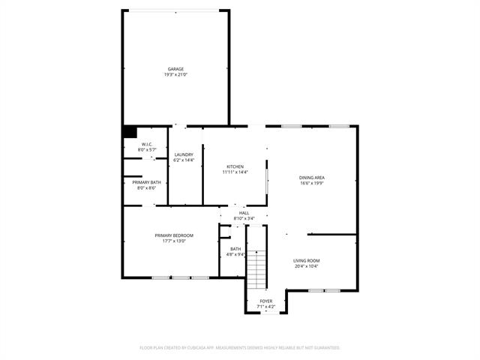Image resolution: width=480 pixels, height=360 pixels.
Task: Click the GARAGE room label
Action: (175, 69)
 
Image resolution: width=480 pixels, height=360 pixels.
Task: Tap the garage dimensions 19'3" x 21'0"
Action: (175, 75)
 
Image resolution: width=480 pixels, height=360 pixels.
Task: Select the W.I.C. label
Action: (147, 145)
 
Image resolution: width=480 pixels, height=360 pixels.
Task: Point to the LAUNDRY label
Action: (184, 154)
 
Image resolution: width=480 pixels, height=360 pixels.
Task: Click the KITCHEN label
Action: (235, 166)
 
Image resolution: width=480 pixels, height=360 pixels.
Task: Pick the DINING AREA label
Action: (312, 178)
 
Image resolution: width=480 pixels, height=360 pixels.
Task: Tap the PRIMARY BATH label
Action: (147, 182)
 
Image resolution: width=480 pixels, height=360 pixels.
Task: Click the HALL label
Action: (244, 213)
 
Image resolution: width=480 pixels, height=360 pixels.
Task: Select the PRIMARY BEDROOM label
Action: (174, 235)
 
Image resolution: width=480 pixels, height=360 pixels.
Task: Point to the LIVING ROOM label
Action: (307, 261)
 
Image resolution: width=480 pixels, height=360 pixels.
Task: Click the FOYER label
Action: (266, 301)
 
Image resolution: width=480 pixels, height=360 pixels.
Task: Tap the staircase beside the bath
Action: (256, 269)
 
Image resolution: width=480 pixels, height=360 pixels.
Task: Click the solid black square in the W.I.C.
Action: (130, 132)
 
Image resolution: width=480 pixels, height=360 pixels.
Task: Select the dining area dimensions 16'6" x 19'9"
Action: (312, 183)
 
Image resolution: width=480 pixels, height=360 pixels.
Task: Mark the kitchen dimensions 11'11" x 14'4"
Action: (235, 172)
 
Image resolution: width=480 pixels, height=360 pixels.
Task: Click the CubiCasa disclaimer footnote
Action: (240, 348)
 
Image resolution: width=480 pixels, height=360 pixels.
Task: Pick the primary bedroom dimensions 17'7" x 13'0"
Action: (174, 241)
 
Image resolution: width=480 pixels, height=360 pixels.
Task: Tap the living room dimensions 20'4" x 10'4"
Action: (307, 266)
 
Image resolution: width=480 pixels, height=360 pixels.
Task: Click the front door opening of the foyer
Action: (270, 313)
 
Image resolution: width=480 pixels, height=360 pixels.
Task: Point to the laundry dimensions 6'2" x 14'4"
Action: (184, 160)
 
